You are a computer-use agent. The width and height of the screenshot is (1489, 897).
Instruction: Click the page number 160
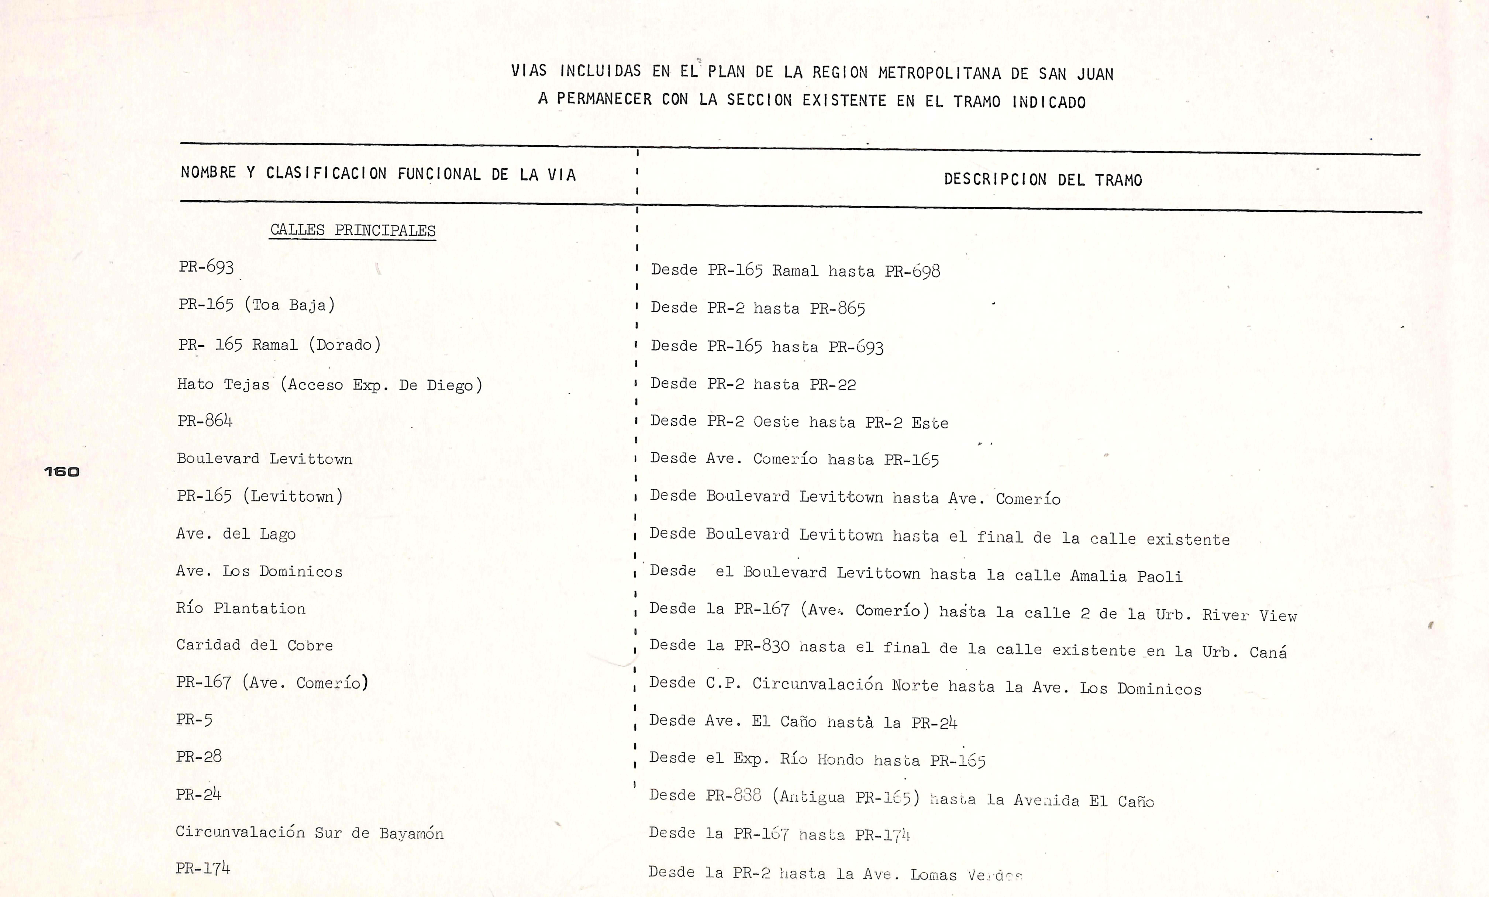[x=62, y=472]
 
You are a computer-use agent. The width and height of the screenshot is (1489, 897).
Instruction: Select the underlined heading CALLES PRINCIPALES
[x=353, y=230]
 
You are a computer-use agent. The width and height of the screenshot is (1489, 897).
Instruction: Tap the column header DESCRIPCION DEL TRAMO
[x=1043, y=179]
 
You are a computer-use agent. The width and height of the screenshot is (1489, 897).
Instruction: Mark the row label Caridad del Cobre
[x=254, y=645]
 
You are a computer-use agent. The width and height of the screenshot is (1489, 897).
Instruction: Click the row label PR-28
[x=199, y=756]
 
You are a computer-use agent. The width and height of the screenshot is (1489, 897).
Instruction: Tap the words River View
[x=1249, y=615]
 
